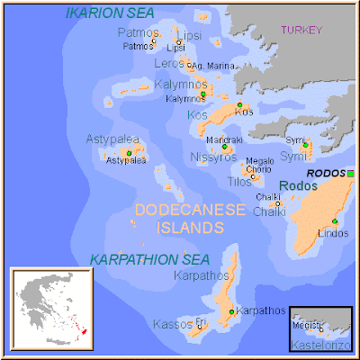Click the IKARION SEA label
click(110, 13)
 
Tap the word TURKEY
click(301, 30)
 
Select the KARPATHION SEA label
click(149, 259)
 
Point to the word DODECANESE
click(189, 210)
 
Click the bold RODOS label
click(325, 173)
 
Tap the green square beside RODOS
click(351, 173)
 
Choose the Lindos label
click(332, 234)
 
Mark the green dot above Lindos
click(334, 221)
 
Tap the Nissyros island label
click(213, 157)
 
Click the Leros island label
click(168, 64)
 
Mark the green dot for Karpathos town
click(232, 311)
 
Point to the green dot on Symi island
click(305, 145)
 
